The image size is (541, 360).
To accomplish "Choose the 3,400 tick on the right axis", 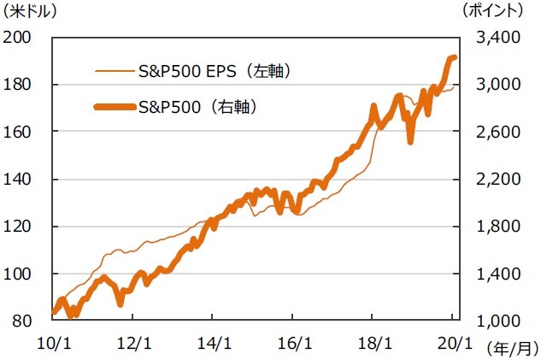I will pyautogui.click(x=486, y=38).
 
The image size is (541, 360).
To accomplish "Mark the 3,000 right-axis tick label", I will pyautogui.click(x=486, y=85).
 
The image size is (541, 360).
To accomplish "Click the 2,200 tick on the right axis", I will pyautogui.click(x=486, y=180).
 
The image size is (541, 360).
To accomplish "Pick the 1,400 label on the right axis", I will pyautogui.click(x=486, y=274).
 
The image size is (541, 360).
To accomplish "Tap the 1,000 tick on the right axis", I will pyautogui.click(x=486, y=321).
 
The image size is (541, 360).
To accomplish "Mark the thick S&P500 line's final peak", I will pyautogui.click(x=453, y=57).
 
